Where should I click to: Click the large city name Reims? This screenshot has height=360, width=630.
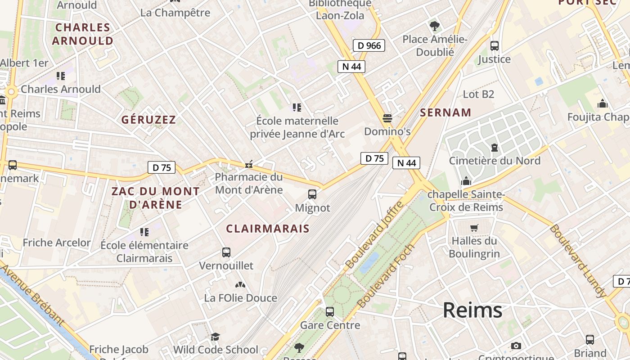point(472,310)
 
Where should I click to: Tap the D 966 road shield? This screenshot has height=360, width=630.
point(369,45)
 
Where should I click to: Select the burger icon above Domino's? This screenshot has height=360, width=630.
point(387,118)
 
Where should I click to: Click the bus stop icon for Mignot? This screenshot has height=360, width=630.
point(312,194)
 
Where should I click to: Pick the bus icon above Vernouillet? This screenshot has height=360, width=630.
point(226,252)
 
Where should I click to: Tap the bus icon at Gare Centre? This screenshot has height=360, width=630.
point(330,311)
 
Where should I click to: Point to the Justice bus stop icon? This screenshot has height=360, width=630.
point(495,46)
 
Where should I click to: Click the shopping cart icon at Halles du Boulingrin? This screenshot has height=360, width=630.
point(474,228)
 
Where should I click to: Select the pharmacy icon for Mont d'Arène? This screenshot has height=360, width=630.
point(248,164)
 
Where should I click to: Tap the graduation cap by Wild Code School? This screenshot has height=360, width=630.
point(216,337)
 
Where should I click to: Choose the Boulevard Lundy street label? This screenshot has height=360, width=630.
point(577,261)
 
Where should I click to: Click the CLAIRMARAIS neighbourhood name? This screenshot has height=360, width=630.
point(268,229)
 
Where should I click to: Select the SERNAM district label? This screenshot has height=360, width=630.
point(445,112)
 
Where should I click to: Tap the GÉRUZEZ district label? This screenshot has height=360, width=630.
point(148,120)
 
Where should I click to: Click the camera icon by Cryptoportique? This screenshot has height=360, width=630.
point(516,346)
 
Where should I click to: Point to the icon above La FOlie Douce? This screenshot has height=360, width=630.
point(240,285)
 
